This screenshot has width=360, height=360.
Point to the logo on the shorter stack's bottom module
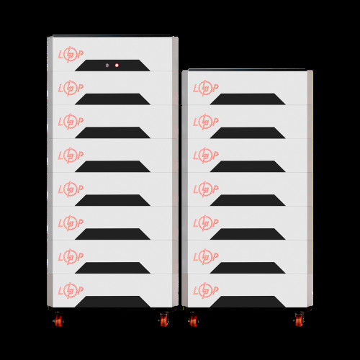click(204, 289)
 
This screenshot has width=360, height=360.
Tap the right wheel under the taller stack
click(164, 318)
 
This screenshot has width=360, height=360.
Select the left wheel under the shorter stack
click(192, 318)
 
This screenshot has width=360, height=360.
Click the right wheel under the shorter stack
click(297, 318)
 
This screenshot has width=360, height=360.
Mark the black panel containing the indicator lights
click(112, 66)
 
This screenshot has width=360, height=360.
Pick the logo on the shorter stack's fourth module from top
click(204, 188)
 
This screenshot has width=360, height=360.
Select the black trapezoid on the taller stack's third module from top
click(112, 132)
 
